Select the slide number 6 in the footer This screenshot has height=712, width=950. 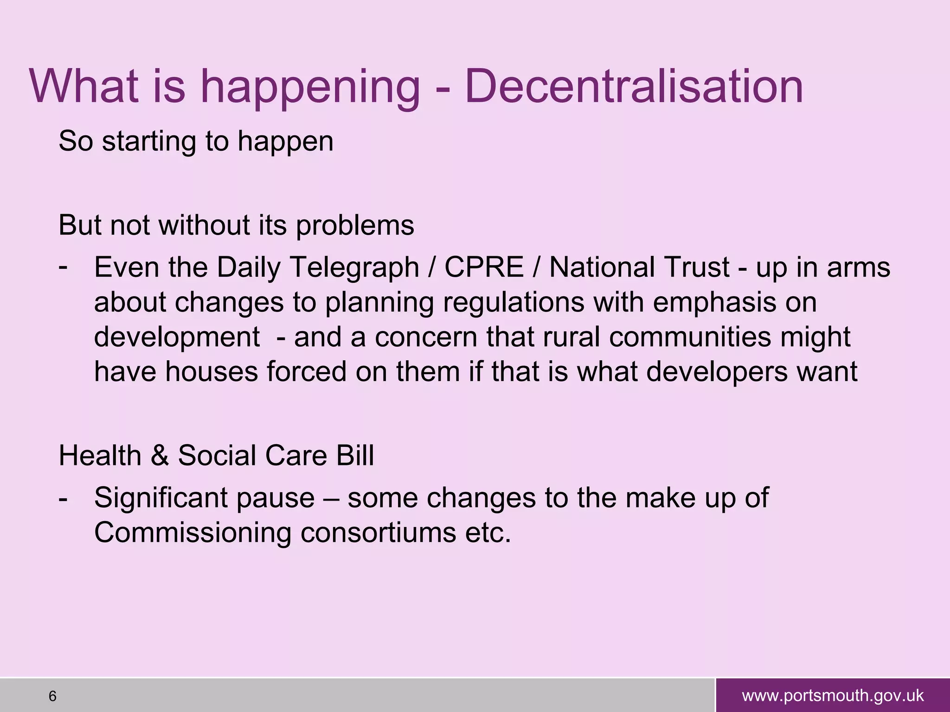52,696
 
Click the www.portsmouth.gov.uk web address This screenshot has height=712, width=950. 833,696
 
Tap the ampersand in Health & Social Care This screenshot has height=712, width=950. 160,456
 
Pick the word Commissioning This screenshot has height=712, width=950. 193,533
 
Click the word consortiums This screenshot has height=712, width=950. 378,533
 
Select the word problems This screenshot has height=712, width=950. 355,226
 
